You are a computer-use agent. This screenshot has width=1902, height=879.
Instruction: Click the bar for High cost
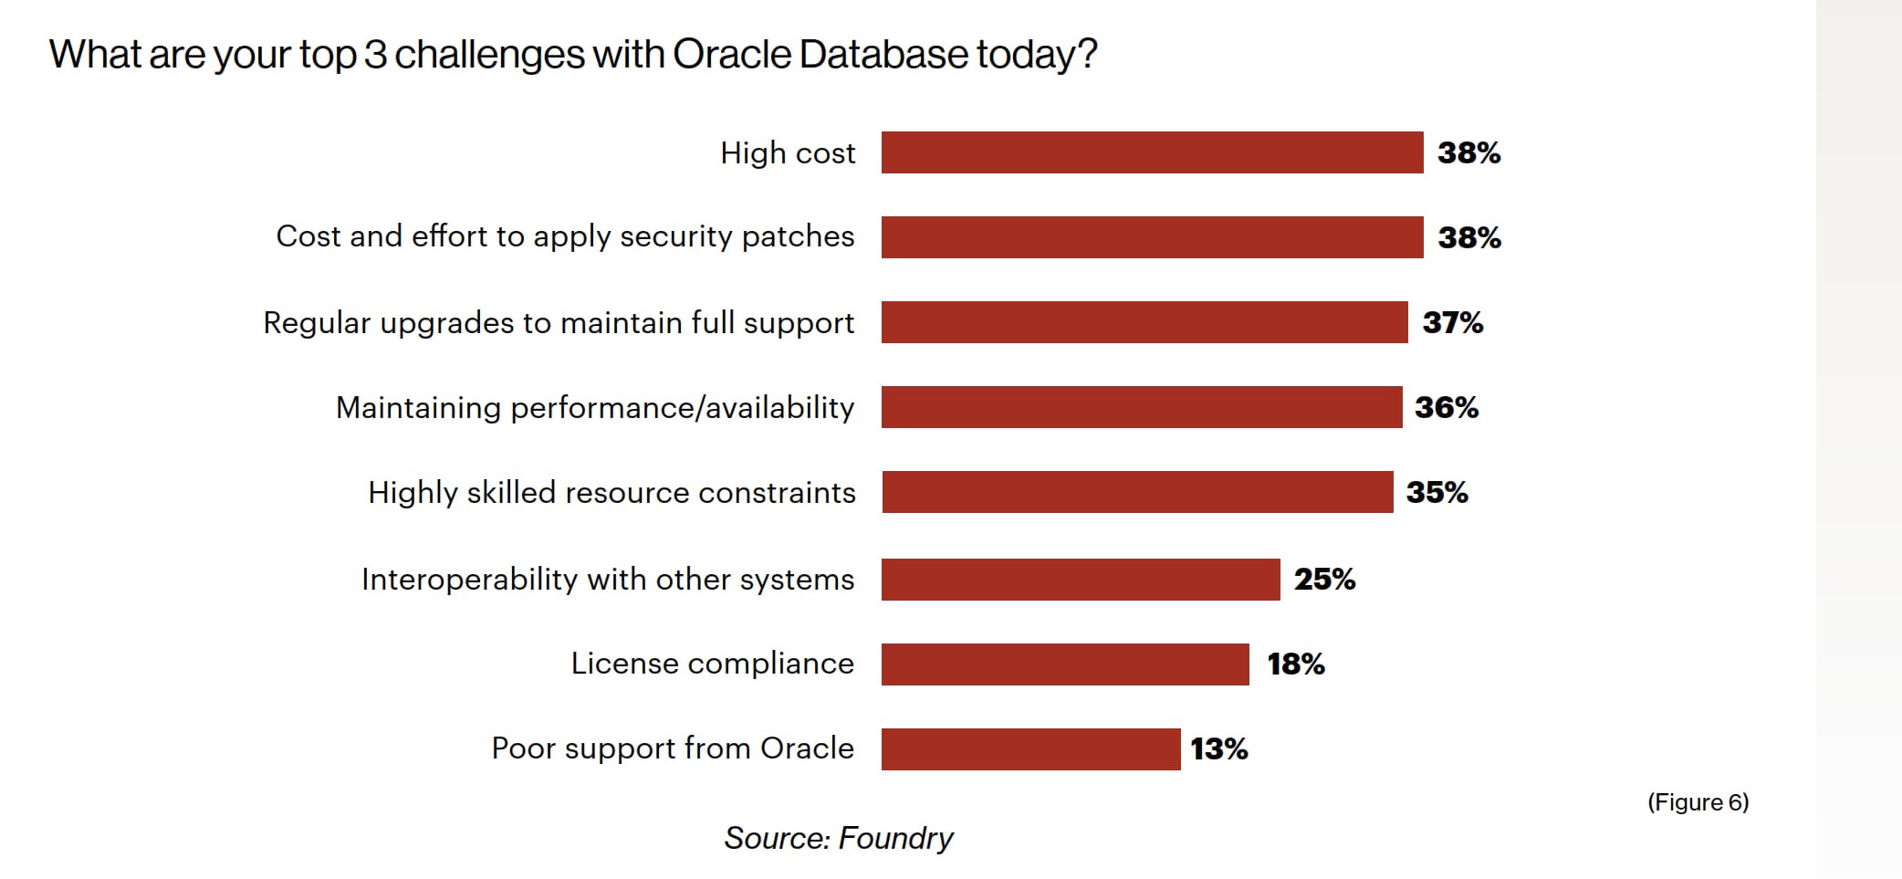[1152, 152]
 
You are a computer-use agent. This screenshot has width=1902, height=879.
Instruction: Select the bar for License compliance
[1064, 664]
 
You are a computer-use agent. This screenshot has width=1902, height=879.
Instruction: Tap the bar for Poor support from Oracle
[1030, 748]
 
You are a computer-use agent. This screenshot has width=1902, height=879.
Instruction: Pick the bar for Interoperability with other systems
[1080, 579]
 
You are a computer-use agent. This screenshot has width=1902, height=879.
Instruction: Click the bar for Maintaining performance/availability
[1141, 407]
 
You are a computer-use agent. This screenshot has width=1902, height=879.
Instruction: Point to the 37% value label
[1452, 322]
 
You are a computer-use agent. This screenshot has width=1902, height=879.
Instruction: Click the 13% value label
[1218, 748]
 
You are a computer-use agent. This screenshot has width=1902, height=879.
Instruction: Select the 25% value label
[1324, 579]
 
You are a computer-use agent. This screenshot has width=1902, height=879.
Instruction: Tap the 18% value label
[1295, 664]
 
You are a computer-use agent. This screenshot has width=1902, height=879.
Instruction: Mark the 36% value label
[1446, 407]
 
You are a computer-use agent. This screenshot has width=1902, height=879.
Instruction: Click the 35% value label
[1437, 492]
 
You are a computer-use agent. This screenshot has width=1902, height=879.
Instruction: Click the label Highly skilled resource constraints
[611, 493]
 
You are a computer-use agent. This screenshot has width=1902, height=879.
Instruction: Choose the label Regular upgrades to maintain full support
[559, 323]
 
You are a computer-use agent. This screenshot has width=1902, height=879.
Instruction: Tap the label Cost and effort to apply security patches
[565, 236]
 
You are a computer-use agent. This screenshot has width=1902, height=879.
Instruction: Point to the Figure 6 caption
[1698, 802]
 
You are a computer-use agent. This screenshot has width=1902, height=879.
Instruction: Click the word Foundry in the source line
[895, 838]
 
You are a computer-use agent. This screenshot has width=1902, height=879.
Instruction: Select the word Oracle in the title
[732, 55]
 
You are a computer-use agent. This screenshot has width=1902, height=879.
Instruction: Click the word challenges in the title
[489, 55]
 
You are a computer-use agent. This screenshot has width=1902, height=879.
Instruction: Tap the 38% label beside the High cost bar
[1468, 152]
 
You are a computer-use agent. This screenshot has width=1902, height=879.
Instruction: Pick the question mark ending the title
[1088, 55]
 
